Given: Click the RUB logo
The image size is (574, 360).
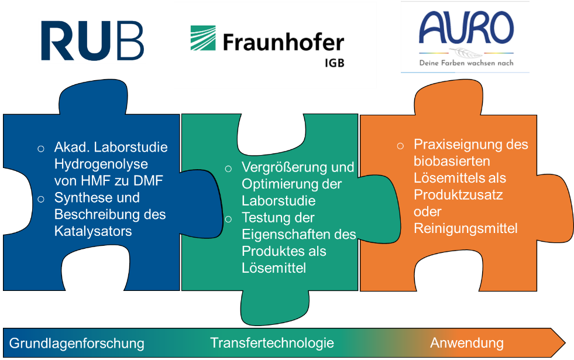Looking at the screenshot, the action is [92, 40].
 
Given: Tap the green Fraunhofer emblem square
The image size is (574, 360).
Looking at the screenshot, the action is [203, 37].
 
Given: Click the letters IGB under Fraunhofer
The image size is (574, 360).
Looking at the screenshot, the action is [335, 63].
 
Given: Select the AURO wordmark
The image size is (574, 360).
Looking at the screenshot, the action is [466, 28].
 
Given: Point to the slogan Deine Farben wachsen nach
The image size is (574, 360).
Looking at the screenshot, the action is [466, 63].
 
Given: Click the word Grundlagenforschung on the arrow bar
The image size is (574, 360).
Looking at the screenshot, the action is [77, 344].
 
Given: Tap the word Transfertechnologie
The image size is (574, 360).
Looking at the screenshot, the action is [272, 343].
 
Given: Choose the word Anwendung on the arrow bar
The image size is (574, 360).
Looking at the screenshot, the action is [467, 343].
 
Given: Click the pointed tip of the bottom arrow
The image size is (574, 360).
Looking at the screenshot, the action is [565, 343].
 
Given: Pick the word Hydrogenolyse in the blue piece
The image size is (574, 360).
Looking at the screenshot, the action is [101, 164].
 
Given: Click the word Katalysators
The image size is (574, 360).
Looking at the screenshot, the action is [93, 231].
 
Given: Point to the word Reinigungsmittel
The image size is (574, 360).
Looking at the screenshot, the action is [466, 228].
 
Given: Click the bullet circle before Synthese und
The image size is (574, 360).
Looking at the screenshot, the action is [41, 199].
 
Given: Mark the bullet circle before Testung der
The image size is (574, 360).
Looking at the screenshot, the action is [228, 220].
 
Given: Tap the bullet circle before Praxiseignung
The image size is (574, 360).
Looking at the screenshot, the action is [400, 146].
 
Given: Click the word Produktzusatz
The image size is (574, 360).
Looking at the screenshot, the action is [458, 195].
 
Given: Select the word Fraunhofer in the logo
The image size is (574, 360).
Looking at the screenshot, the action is [284, 42].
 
